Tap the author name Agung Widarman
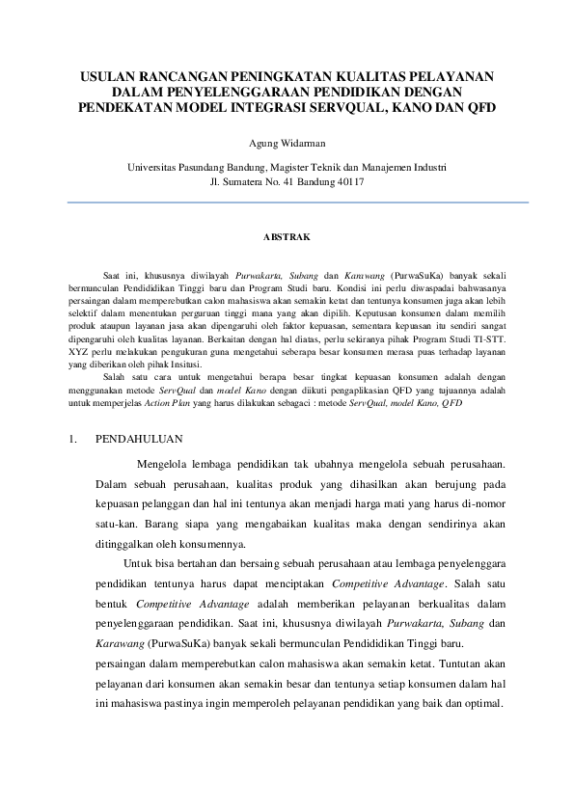click(287, 145)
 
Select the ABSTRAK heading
click(287, 235)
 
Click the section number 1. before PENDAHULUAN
click(74, 440)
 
